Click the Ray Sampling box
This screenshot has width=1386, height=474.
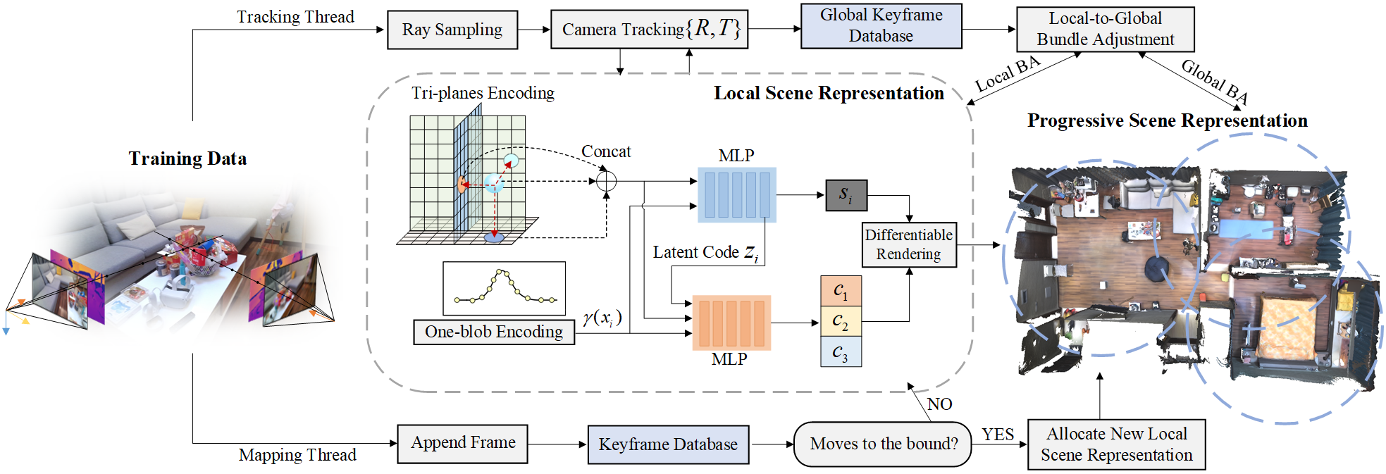tap(452, 30)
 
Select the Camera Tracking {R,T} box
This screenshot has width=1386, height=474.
tap(649, 30)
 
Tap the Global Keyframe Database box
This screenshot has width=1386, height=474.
tap(881, 26)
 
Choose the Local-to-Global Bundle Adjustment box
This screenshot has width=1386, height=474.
tap(1105, 29)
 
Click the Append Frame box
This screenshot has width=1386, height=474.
tap(463, 444)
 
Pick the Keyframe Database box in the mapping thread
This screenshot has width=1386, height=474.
tap(668, 444)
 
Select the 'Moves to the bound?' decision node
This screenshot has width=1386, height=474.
tap(882, 444)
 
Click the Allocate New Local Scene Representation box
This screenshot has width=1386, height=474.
tap(1116, 444)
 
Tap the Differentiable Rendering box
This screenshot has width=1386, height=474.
tap(909, 244)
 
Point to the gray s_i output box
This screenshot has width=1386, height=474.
tap(846, 195)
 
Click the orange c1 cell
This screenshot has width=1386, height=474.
tap(841, 291)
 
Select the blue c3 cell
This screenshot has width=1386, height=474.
tap(841, 351)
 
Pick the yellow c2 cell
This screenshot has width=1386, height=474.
tap(841, 321)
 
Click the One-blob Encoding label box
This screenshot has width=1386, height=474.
tap(494, 332)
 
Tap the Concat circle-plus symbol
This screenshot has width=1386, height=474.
tap(606, 181)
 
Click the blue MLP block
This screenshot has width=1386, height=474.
tap(736, 195)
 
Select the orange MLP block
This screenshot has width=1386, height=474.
tap(731, 323)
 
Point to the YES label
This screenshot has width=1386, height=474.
tap(998, 435)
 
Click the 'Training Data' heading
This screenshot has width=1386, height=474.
tap(187, 158)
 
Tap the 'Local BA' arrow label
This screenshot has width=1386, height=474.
tap(1008, 74)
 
